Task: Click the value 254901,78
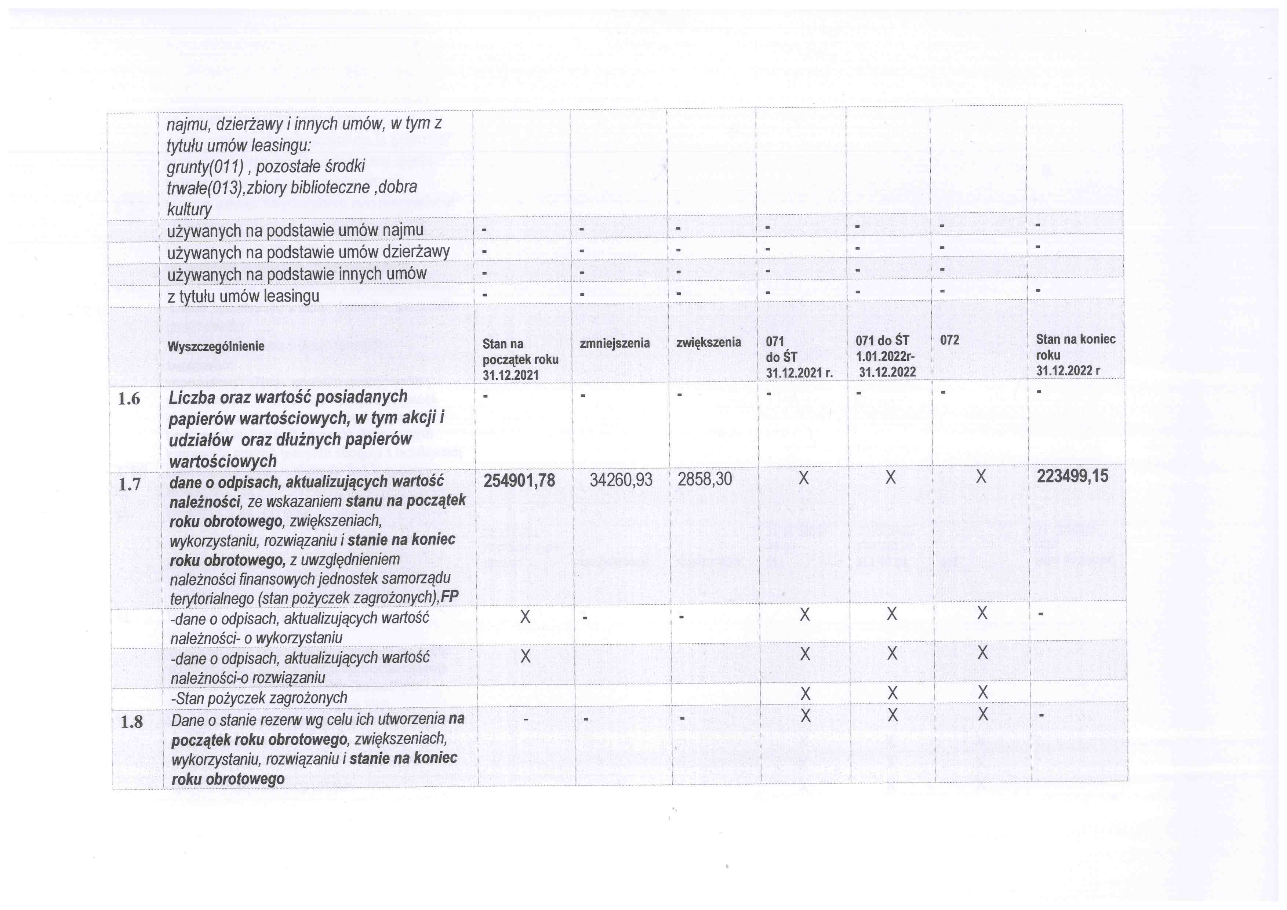[519, 480]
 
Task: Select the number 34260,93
[621, 480]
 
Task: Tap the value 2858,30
[705, 479]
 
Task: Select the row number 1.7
[130, 484]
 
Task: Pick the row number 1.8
[132, 722]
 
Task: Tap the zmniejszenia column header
[615, 343]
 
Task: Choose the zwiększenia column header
[709, 342]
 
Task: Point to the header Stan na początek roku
[520, 359]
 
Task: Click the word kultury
[189, 210]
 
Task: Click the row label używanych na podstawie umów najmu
[295, 231]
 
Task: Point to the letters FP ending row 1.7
[450, 597]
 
